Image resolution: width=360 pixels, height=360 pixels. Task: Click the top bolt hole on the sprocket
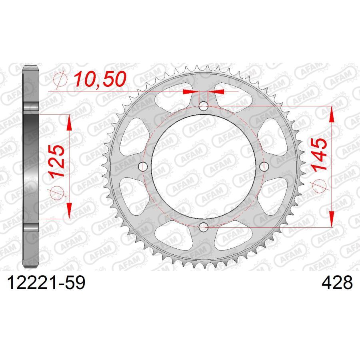pos(204,106)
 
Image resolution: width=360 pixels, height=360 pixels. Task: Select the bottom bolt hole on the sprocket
pos(204,227)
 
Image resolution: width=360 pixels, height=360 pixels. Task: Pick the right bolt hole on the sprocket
pos(264,167)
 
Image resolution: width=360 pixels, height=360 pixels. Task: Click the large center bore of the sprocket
pos(204,167)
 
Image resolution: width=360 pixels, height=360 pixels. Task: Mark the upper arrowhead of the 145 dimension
pos(332,114)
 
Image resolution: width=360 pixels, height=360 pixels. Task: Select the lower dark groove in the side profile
pos(31,226)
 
